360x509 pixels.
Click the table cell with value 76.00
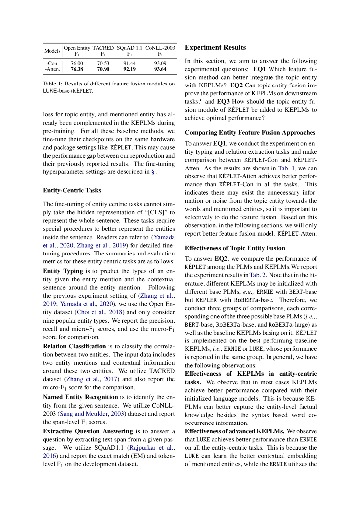pos(77,63)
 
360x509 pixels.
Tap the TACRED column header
pos(103,48)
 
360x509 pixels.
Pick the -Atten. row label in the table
pos(52,69)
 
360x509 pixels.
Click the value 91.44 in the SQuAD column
pos(129,63)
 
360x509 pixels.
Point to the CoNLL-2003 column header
pos(160,48)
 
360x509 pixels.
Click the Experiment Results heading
pos(215,47)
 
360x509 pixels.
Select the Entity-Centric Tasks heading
pos(72,190)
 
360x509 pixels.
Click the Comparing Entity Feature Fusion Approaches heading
pos(250,132)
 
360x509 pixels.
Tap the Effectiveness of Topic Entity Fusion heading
pos(235,248)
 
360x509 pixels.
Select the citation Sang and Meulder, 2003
pos(92,413)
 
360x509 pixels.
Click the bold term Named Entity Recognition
pos(81,397)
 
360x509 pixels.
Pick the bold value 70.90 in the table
pos(103,69)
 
